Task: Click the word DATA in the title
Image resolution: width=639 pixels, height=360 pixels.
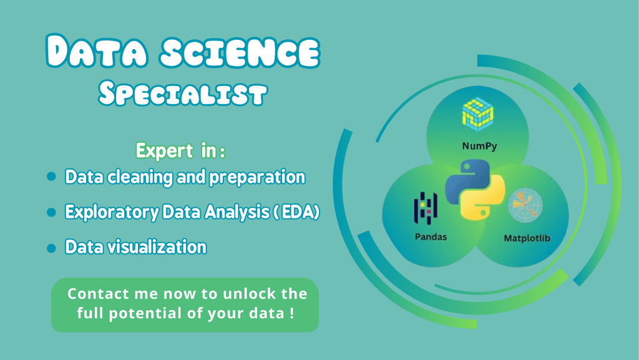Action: click(x=97, y=51)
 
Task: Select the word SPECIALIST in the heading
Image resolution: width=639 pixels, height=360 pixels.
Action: click(x=183, y=94)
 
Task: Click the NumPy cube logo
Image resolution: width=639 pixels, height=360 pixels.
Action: click(x=477, y=114)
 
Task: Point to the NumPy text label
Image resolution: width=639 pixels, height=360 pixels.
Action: click(x=479, y=146)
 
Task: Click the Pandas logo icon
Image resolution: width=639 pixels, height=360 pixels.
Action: click(x=426, y=208)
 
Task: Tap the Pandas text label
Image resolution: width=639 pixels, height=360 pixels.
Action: click(x=431, y=236)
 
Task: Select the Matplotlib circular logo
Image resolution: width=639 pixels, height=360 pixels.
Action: click(x=525, y=205)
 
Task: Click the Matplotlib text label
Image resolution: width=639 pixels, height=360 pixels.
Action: click(x=527, y=238)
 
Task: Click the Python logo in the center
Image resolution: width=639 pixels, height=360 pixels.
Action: click(x=475, y=190)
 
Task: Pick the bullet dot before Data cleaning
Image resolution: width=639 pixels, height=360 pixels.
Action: click(x=51, y=177)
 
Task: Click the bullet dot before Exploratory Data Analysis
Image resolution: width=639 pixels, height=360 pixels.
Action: click(x=51, y=212)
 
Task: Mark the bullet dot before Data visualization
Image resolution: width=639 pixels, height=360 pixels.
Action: click(x=51, y=248)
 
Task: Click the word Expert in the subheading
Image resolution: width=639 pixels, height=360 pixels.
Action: click(x=164, y=151)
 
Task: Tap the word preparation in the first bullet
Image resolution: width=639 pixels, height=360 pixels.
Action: click(x=257, y=177)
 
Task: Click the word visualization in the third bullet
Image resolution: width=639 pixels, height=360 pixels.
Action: click(x=157, y=247)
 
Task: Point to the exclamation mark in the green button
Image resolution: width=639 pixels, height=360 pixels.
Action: click(x=292, y=313)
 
